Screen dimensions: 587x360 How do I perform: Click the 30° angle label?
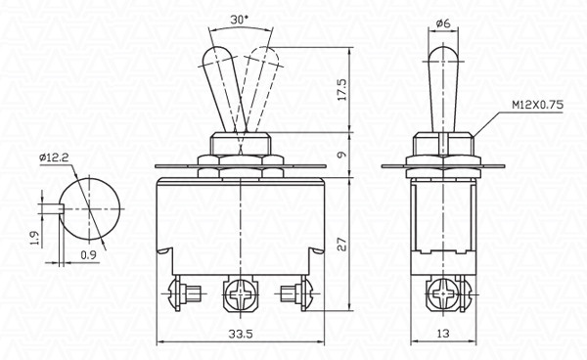240,20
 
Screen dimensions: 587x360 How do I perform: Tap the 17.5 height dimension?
341,89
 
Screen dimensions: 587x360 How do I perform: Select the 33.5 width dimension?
241,334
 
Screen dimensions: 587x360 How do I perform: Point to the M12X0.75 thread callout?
537,105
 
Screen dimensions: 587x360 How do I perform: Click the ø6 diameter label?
443,23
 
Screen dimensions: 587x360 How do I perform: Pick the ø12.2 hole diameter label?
54,157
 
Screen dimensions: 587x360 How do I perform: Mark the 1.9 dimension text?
34,238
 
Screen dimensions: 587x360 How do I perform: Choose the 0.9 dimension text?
88,255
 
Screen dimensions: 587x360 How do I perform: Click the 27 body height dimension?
341,244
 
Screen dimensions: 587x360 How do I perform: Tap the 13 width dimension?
443,333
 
